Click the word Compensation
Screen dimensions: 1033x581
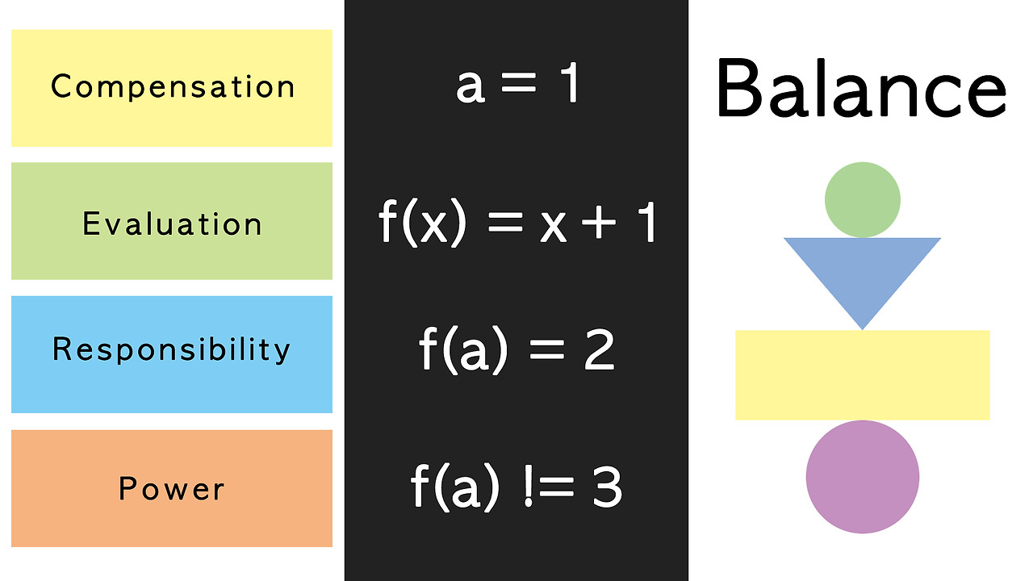point(173,87)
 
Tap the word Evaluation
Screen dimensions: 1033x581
point(173,224)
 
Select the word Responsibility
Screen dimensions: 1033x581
point(171,349)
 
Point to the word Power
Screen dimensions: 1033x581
point(172,488)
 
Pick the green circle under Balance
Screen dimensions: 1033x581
point(863,199)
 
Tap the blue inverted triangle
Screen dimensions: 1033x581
point(862,270)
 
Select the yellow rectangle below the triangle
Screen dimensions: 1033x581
point(862,375)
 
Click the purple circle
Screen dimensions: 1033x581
point(862,477)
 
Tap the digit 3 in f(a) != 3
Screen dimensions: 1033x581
point(606,487)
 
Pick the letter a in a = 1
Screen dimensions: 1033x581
point(470,87)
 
